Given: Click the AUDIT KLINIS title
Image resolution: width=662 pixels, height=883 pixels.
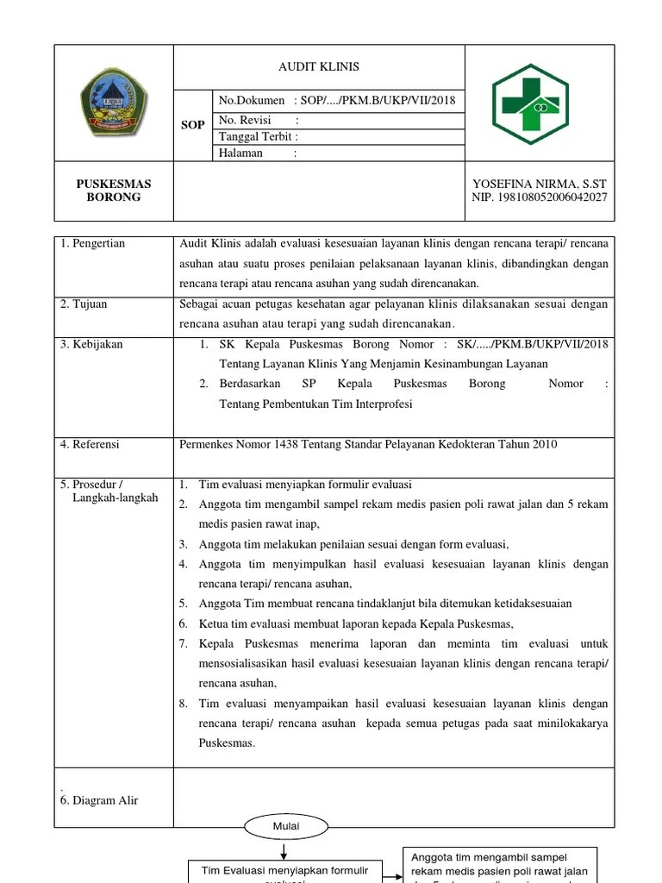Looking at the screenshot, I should (x=319, y=67).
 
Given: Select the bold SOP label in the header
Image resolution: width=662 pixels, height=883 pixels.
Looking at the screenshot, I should (x=193, y=125).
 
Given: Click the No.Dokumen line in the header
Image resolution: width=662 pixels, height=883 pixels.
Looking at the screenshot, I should (x=336, y=101).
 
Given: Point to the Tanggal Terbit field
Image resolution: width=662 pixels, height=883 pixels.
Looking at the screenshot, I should (x=259, y=137).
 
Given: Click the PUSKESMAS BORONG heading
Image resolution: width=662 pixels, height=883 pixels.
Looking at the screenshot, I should (x=114, y=191).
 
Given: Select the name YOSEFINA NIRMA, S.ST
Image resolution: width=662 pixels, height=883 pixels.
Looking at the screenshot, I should (x=540, y=184).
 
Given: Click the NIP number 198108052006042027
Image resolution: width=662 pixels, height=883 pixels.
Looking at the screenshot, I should (x=540, y=197).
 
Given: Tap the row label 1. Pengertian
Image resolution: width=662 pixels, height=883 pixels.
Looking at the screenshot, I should (x=93, y=244).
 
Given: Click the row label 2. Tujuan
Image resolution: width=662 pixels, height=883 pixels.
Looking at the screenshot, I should (x=84, y=304).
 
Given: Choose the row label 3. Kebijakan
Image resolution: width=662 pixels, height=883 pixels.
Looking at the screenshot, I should (x=91, y=344).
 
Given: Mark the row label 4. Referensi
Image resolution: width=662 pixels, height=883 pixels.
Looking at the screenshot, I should (x=91, y=445).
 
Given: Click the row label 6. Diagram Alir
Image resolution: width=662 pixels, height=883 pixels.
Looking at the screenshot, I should (x=99, y=800).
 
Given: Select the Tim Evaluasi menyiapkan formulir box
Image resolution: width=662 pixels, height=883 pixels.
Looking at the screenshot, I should (x=284, y=871).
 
